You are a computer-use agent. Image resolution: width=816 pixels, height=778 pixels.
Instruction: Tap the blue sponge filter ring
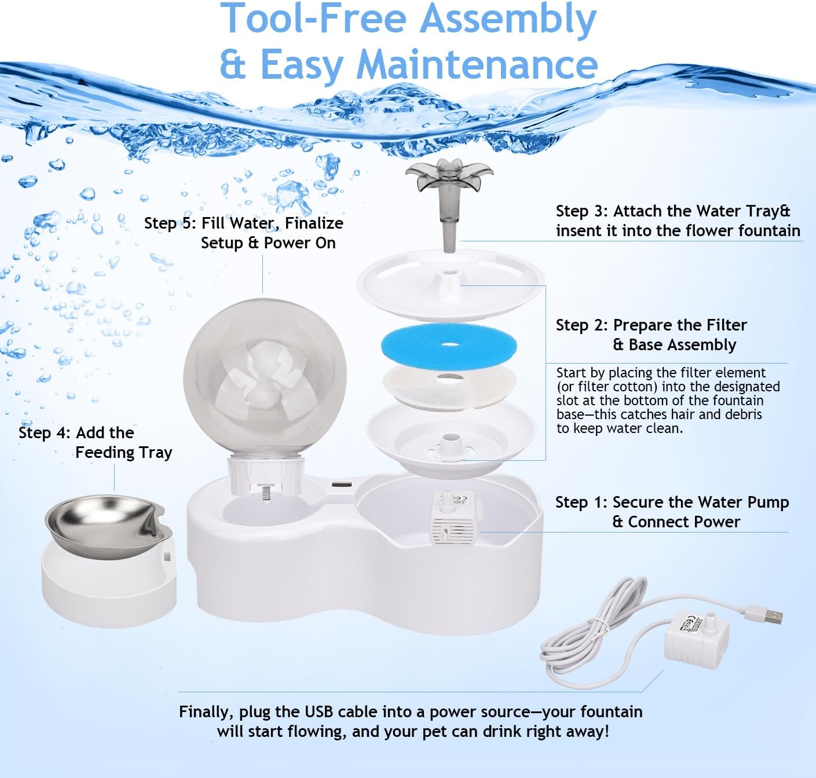(x=448, y=346)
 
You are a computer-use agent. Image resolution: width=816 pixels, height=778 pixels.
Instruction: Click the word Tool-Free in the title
(x=316, y=19)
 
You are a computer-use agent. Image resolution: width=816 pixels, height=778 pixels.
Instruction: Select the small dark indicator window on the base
(x=340, y=484)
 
